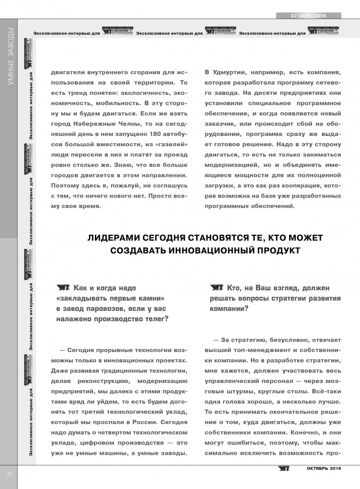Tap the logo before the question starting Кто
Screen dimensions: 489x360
coord(217,288)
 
